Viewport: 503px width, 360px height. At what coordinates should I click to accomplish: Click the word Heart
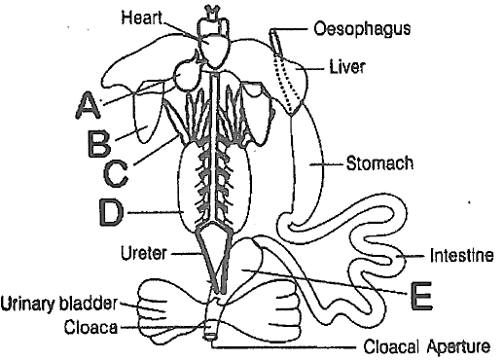141,18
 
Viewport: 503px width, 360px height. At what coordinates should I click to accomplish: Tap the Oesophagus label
362,28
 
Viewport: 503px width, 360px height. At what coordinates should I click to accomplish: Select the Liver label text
347,67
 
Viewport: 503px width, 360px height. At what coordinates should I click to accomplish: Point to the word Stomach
379,163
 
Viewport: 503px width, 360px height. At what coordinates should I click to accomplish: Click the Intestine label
462,255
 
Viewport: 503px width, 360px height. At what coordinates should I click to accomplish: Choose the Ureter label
144,253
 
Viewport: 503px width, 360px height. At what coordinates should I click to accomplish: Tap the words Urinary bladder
58,304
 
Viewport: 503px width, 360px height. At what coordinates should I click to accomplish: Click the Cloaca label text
90,327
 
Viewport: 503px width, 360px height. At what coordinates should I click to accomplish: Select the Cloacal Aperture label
426,346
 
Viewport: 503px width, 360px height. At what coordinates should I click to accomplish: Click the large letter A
88,105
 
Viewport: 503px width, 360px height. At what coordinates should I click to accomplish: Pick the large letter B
99,143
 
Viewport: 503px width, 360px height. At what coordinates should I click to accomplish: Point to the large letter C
116,174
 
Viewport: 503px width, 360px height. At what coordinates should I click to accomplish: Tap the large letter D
111,212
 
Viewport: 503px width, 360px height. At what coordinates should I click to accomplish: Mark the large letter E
421,296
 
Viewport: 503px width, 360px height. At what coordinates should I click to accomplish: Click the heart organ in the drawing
214,51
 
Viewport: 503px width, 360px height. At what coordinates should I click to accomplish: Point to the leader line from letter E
323,281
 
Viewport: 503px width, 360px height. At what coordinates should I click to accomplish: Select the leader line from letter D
154,212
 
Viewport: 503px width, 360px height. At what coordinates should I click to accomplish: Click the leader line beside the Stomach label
327,164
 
